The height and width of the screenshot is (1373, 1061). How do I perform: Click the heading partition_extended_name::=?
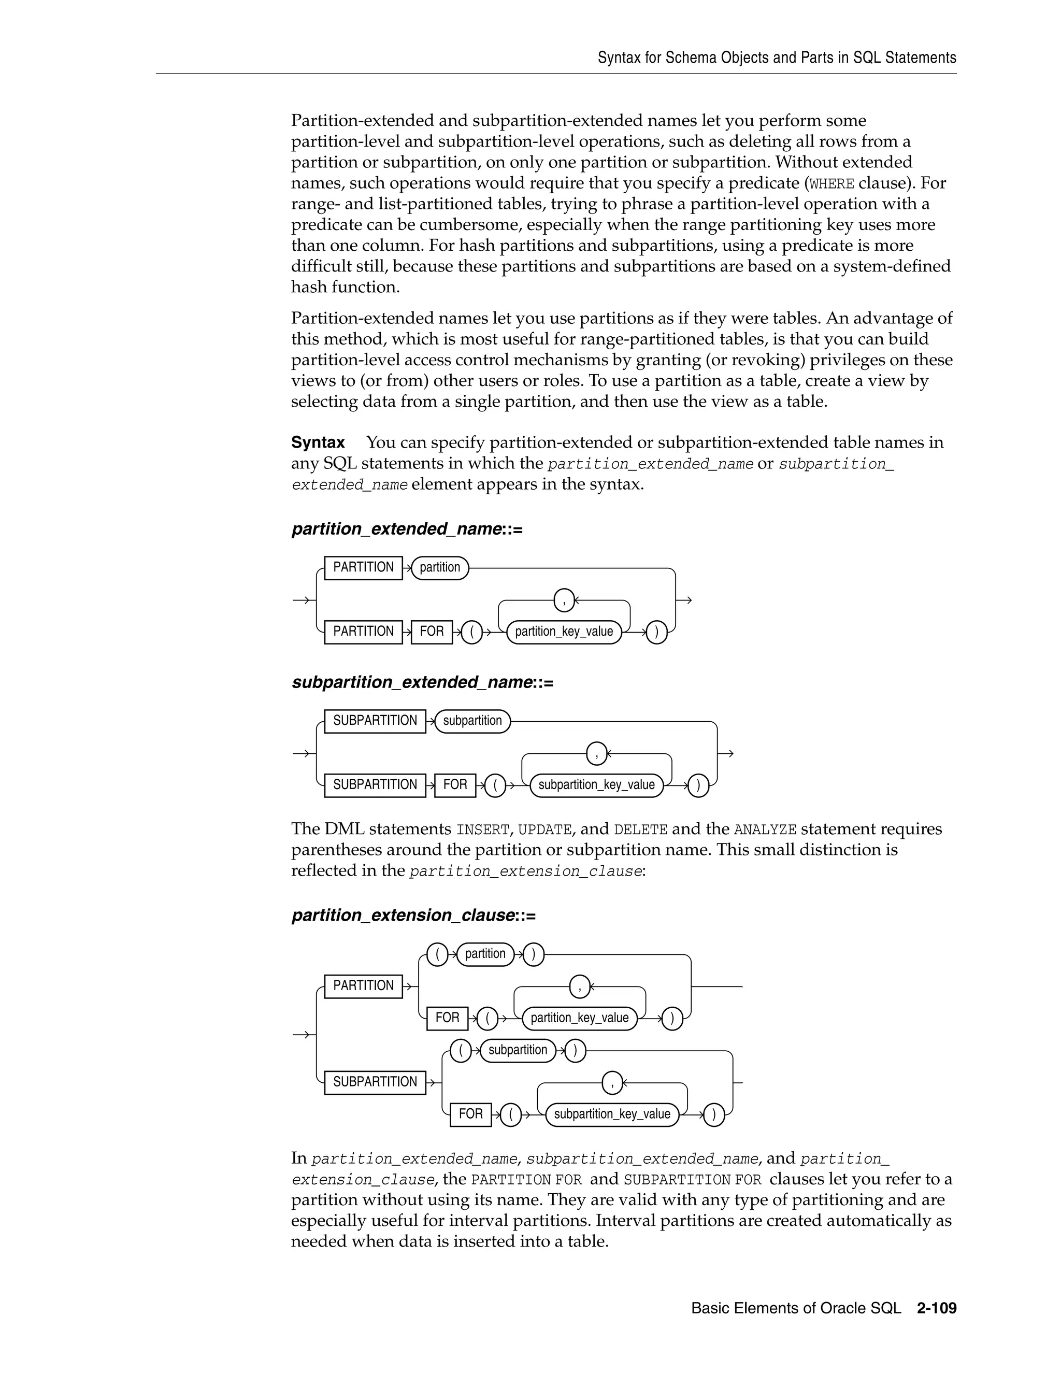[407, 530]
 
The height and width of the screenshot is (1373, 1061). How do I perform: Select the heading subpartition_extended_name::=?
[422, 683]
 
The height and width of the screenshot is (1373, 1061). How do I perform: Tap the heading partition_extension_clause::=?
[413, 916]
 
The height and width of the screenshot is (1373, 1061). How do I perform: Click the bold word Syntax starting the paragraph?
[318, 442]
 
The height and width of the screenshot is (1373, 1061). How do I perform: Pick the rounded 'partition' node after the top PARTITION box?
[439, 568]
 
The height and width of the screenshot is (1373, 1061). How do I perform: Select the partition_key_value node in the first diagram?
[564, 632]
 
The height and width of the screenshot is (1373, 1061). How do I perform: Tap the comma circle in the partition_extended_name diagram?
[564, 600]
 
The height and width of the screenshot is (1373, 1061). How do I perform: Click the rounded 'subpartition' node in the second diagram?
[472, 721]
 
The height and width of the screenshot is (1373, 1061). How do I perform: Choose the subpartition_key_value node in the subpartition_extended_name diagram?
[596, 785]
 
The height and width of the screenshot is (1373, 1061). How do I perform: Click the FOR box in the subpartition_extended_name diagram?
[455, 785]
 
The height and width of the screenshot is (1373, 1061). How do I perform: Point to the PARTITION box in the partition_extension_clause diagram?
[363, 986]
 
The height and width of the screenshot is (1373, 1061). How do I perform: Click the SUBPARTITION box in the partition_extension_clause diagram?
[375, 1082]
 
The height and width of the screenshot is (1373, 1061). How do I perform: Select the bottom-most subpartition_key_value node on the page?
[612, 1114]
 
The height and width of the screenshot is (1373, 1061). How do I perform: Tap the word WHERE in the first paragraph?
[831, 184]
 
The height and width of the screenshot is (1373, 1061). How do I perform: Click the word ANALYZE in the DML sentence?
[765, 830]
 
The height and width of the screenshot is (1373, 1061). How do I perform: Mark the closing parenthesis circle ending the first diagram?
[657, 632]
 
